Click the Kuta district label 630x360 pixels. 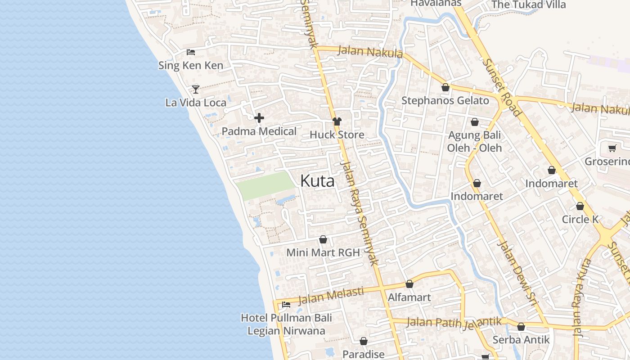point(317,181)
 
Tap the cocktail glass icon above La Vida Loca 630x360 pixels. point(196,89)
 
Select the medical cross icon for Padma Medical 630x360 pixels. point(259,118)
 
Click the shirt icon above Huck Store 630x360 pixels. point(337,121)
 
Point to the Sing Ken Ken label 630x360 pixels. point(190,65)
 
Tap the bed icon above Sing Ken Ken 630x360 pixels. point(191,52)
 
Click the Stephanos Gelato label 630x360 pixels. point(445,100)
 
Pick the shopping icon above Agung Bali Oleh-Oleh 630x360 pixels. point(475,122)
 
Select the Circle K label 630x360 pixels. point(580,219)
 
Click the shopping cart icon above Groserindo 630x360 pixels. point(612,148)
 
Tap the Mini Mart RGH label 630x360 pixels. point(323,252)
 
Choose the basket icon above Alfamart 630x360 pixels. point(409,284)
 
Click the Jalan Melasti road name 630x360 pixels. point(331,296)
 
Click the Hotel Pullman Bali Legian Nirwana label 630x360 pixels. point(286,324)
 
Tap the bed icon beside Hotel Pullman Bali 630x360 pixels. point(286,305)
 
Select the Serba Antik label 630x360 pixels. point(521,339)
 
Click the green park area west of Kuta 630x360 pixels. point(265,185)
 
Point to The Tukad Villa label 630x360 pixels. point(528,5)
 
